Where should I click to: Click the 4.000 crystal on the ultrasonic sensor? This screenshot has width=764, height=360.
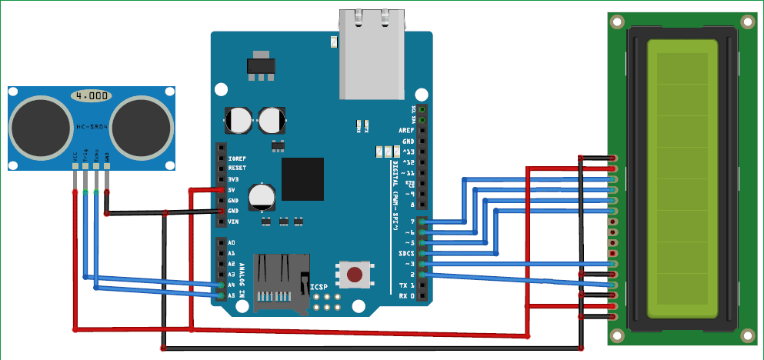[92, 96]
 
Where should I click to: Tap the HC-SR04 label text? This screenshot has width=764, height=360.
[91, 125]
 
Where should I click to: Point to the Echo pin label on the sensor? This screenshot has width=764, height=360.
[95, 158]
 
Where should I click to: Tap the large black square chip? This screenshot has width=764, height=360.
[302, 178]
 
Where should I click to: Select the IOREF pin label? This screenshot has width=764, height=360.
[237, 157]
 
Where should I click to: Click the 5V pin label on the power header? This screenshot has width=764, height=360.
[232, 189]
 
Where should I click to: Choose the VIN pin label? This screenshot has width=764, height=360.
[233, 222]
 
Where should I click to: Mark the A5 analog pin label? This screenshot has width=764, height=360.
[231, 295]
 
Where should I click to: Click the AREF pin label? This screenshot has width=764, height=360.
[406, 131]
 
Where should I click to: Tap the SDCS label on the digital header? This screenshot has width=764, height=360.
[406, 253]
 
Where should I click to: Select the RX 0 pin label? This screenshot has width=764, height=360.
[406, 295]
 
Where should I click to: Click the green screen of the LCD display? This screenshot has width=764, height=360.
[682, 178]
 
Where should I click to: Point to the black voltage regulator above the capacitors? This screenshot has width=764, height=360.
[260, 66]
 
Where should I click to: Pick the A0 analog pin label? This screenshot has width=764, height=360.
[231, 242]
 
